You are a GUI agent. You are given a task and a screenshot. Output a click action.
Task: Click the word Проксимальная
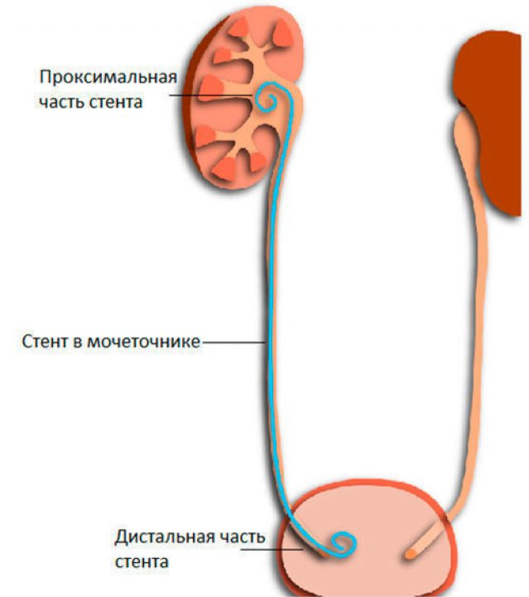click(108, 77)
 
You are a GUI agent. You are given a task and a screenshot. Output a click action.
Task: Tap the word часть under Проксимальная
click(62, 101)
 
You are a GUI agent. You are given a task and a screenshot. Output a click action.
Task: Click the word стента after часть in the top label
click(116, 101)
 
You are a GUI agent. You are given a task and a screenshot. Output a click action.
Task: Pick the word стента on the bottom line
click(142, 562)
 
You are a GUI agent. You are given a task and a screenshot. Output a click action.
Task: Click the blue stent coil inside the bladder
click(343, 543)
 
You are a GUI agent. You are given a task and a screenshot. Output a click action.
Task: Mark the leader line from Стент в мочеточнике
click(234, 342)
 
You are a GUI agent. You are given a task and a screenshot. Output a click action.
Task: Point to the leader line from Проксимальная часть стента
click(211, 96)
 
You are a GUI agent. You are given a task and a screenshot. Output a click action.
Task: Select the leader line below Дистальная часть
click(273, 549)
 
